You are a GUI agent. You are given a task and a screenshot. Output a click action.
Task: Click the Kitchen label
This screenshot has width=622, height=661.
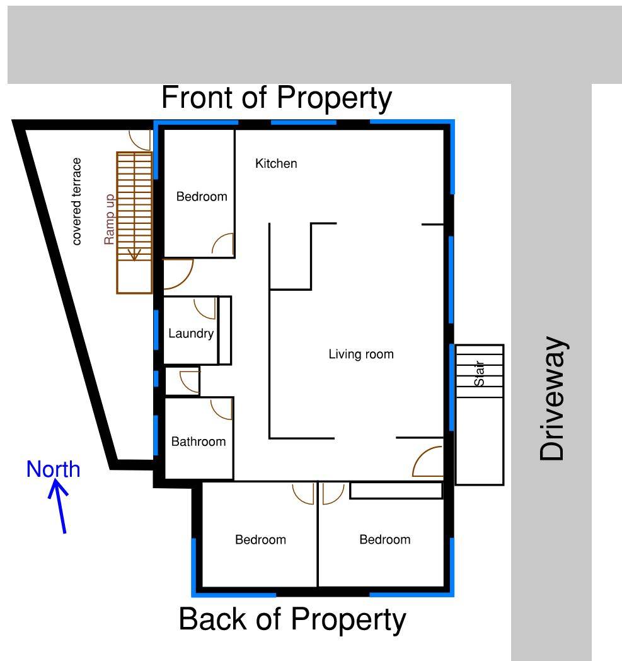point(275,164)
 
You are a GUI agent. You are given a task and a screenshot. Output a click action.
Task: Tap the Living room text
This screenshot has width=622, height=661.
point(360,354)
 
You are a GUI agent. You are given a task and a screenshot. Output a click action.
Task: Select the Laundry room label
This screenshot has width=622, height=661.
point(191,334)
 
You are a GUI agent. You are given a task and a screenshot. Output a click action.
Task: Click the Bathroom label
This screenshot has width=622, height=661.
point(198,442)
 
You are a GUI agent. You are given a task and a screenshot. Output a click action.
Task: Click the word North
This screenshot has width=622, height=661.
point(53,469)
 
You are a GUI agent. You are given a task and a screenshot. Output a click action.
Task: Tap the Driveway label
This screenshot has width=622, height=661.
point(553,399)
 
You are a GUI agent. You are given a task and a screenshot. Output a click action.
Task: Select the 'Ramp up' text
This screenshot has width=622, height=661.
point(110,219)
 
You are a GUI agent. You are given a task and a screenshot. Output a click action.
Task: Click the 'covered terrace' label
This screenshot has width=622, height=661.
point(77,201)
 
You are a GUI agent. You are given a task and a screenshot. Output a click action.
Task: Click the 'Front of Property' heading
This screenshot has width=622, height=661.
point(277,98)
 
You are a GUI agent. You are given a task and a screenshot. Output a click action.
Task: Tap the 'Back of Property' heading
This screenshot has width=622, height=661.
point(292,619)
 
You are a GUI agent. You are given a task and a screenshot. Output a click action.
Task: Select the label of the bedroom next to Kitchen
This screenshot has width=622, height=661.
point(201,197)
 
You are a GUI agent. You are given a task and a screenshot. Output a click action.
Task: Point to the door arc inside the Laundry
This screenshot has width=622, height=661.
point(205,308)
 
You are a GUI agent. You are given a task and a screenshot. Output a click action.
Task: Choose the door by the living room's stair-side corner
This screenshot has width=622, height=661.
point(428,462)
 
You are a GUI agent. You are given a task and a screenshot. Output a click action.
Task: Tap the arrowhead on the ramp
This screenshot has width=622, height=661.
point(134,255)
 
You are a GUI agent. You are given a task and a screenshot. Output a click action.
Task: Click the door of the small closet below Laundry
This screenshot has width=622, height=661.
point(190,382)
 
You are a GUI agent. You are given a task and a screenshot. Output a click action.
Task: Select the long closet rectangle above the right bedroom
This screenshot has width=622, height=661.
point(396,491)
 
